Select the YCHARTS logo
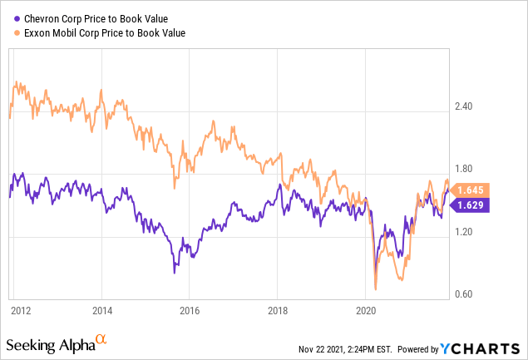486,347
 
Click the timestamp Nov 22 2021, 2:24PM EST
348,348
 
